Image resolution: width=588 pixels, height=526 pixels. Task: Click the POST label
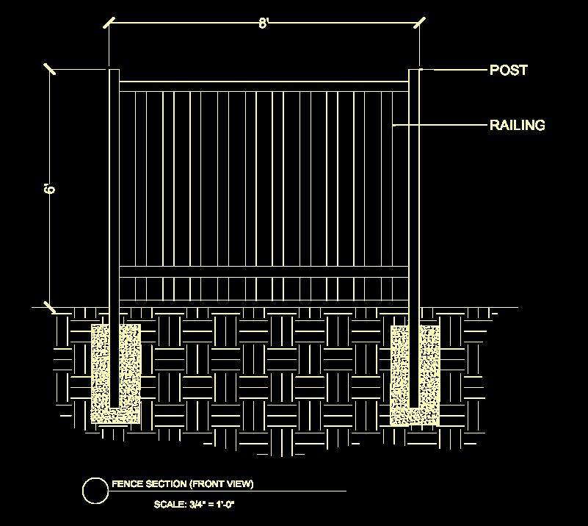508,71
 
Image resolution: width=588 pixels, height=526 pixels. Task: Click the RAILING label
517,125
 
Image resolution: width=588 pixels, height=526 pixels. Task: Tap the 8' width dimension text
264,24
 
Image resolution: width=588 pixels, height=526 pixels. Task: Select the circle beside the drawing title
95,491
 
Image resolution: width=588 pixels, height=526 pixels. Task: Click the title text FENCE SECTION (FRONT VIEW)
182,484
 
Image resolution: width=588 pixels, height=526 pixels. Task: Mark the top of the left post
114,71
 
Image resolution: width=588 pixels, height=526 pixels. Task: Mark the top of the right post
414,71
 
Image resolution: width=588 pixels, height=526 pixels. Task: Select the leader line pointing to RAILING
440,126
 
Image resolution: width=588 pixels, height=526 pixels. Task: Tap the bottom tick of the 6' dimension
50,307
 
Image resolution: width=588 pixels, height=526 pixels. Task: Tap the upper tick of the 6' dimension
50,69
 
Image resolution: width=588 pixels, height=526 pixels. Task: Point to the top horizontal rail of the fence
264,87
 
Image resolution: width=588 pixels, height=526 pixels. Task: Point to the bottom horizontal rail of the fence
264,273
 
